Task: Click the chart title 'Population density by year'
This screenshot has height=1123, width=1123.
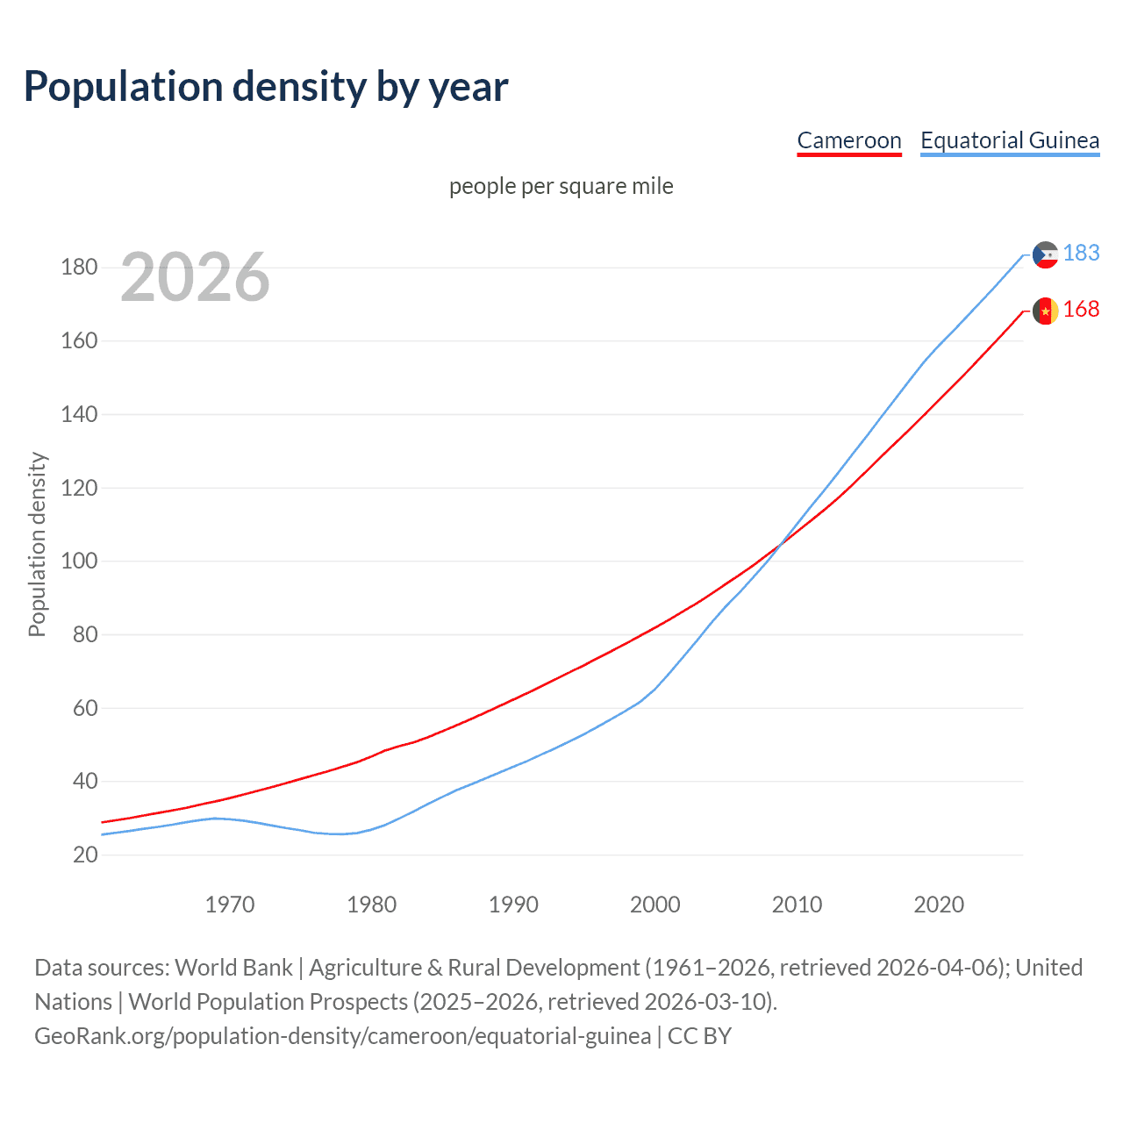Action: click(266, 87)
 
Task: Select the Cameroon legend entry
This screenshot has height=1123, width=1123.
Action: click(848, 140)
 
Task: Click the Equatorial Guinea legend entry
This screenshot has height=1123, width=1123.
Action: click(1009, 140)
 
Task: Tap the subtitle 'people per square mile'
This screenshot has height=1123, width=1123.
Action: click(561, 187)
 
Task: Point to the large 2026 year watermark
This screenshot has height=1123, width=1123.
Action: click(195, 277)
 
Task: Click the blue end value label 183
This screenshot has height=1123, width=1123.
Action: click(1081, 254)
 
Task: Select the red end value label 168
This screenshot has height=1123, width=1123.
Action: click(1081, 310)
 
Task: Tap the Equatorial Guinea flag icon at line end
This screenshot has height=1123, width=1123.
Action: click(1045, 254)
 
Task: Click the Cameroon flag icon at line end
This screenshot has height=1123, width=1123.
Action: click(1045, 311)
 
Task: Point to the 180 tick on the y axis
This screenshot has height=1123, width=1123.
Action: click(79, 268)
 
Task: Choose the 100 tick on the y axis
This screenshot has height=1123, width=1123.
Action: click(79, 561)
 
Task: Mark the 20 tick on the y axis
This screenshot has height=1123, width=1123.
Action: click(85, 855)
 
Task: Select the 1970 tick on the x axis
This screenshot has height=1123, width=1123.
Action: click(230, 905)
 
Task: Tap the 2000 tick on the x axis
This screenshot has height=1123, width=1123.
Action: click(654, 905)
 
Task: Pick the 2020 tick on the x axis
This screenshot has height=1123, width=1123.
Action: click(939, 905)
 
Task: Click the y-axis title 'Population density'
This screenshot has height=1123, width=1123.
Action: click(37, 544)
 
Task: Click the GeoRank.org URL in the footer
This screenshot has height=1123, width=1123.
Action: click(342, 1036)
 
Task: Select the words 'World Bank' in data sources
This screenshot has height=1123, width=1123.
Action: click(233, 968)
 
